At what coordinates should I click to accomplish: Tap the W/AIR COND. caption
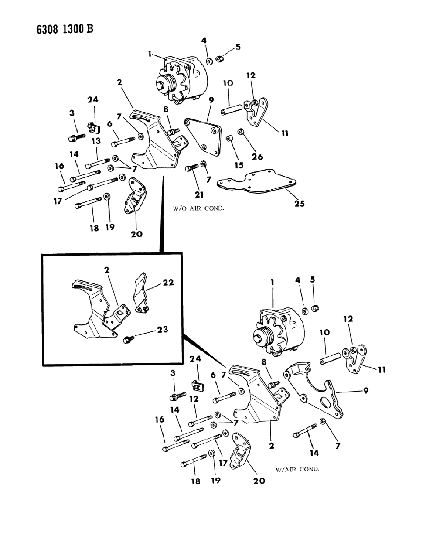[297, 469]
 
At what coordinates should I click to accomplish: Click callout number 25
[300, 204]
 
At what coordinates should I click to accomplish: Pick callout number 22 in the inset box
[168, 282]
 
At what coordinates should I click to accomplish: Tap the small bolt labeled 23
[129, 338]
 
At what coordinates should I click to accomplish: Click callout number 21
[199, 194]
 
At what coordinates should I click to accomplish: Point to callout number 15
[239, 166]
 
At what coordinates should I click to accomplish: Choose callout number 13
[96, 140]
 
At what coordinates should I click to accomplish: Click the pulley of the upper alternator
[164, 83]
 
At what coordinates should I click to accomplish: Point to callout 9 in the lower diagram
[365, 391]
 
